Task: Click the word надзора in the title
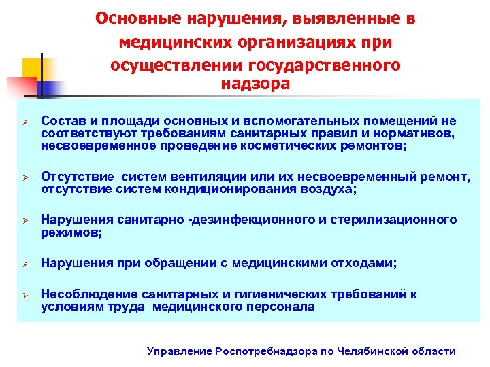255,84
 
